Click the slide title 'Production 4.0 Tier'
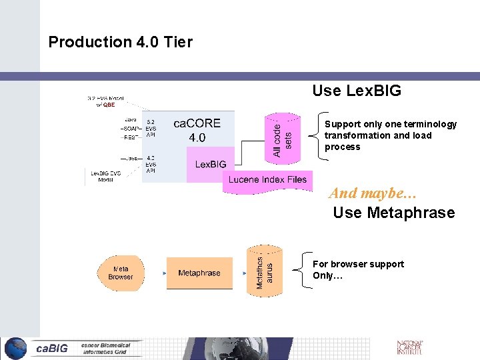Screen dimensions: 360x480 [120, 42]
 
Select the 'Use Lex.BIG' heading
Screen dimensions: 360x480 [357, 91]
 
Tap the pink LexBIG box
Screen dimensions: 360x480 [210, 164]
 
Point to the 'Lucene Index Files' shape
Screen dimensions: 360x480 [267, 179]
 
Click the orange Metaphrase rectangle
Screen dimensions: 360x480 [199, 273]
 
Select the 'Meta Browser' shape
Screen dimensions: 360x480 [120, 273]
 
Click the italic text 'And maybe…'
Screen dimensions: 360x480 [372, 193]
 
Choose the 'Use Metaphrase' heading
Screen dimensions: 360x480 [393, 213]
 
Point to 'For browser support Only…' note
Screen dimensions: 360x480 [358, 269]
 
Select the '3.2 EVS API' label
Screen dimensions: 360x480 [151, 128]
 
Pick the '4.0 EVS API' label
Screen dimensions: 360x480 [151, 163]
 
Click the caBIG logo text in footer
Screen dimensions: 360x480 [52, 348]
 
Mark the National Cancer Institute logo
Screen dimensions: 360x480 [409, 347]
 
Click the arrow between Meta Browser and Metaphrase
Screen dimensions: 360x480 [156, 273]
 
